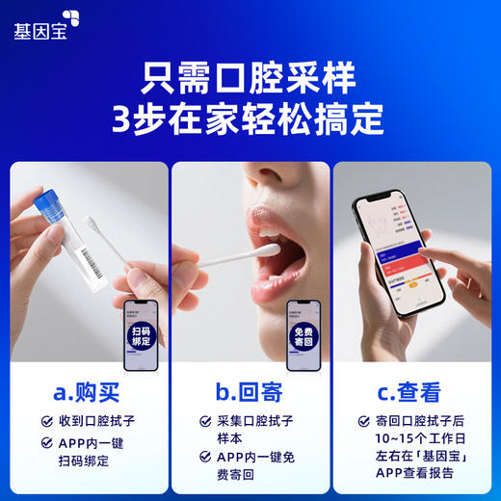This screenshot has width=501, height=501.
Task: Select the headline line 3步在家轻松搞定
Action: pyautogui.click(x=249, y=120)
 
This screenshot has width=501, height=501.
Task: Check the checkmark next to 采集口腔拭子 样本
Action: pyautogui.click(x=205, y=422)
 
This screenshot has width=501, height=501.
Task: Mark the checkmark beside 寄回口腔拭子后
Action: pyautogui.click(x=363, y=421)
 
